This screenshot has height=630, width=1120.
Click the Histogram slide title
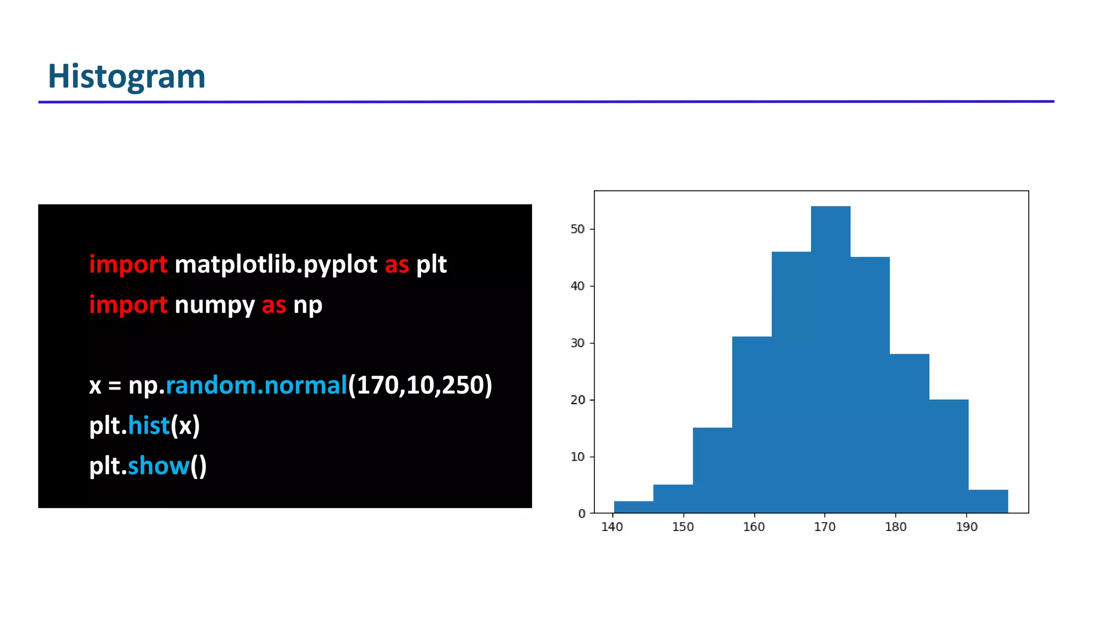pos(126,76)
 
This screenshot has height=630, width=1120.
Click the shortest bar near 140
pos(633,507)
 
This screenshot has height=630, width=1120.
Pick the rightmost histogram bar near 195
pos(988,501)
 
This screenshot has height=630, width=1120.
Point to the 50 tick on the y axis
pos(577,229)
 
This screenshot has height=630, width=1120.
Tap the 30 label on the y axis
pos(577,343)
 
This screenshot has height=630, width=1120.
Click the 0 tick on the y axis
pos(582,514)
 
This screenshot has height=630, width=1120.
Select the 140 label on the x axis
pos(612,527)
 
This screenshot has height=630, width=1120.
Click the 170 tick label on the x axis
pos(825,527)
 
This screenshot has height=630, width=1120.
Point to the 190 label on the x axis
pos(966,527)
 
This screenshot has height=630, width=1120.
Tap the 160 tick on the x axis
pos(754,527)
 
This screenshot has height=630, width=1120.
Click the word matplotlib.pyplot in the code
pos(276,265)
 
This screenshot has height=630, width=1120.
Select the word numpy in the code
pos(214,305)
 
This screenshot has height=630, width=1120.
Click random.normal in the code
pos(256,385)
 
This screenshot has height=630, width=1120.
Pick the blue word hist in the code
pos(149,425)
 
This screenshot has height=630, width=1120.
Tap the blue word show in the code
pos(158,466)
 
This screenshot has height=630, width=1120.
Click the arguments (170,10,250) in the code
pos(420,385)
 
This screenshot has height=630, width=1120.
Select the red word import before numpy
pos(128,305)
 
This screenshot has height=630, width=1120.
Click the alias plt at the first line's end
pos(431,265)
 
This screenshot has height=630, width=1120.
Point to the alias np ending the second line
pos(307,305)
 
